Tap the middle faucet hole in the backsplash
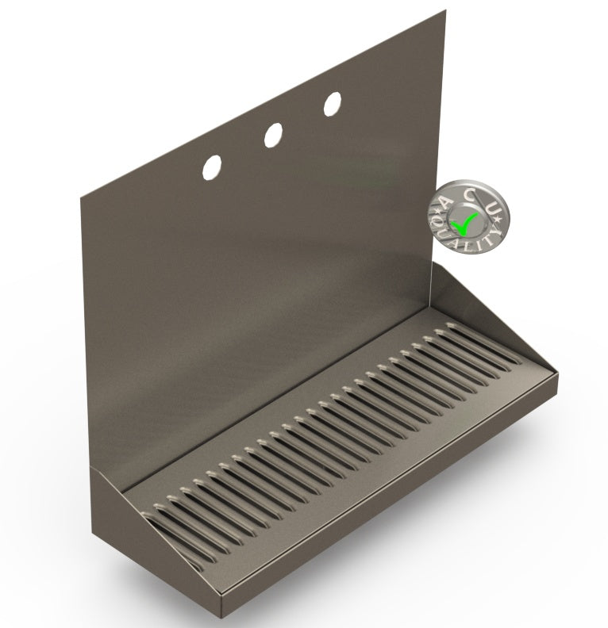click(273, 134)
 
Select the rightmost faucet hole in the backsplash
click(333, 103)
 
